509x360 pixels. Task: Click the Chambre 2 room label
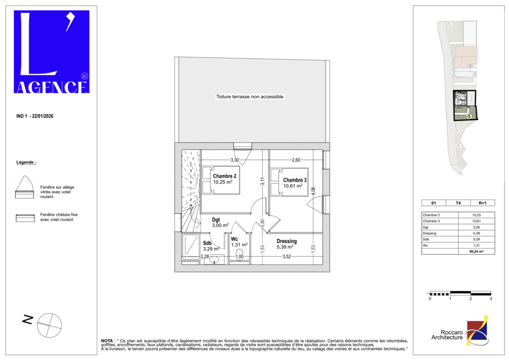tap(224, 176)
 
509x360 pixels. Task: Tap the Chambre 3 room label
tap(295, 180)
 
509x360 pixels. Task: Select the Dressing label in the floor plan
tap(287, 241)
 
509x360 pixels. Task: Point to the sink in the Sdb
tap(214, 260)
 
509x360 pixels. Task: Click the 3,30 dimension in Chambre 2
tap(235, 160)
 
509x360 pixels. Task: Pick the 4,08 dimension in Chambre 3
tap(313, 191)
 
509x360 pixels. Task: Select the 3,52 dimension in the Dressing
tap(286, 257)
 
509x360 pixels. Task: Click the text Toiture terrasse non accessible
tap(250, 97)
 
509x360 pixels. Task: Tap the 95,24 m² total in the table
tap(476, 252)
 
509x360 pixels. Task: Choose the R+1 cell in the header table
tap(483, 203)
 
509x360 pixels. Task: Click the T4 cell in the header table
tap(458, 203)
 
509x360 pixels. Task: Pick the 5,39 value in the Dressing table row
tap(476, 233)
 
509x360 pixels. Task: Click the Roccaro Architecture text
tap(447, 335)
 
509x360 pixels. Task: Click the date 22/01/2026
tap(43, 116)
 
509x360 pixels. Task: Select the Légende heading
tap(26, 162)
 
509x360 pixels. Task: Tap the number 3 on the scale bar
tap(491, 299)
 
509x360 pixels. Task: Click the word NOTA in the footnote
tap(107, 341)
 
